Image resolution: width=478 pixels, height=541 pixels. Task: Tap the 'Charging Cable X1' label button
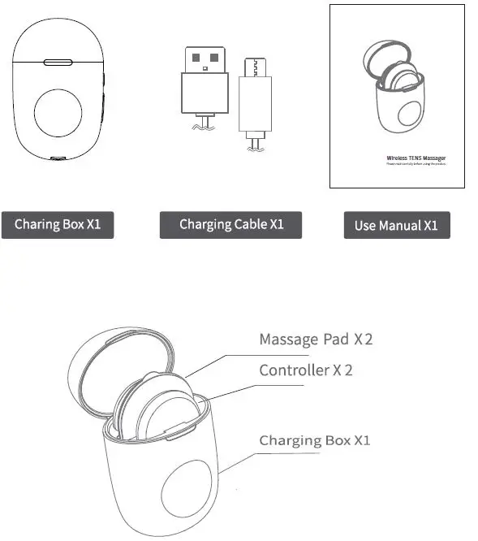(x=230, y=224)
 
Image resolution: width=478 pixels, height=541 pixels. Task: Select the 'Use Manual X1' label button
(x=396, y=225)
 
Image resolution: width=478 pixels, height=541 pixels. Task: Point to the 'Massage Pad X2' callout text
(x=316, y=339)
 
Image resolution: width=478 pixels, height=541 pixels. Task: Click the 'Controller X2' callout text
(x=306, y=370)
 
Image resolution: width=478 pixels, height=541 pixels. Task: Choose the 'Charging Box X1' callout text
(x=315, y=440)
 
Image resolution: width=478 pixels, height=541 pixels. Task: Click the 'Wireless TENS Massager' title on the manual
(x=416, y=158)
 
